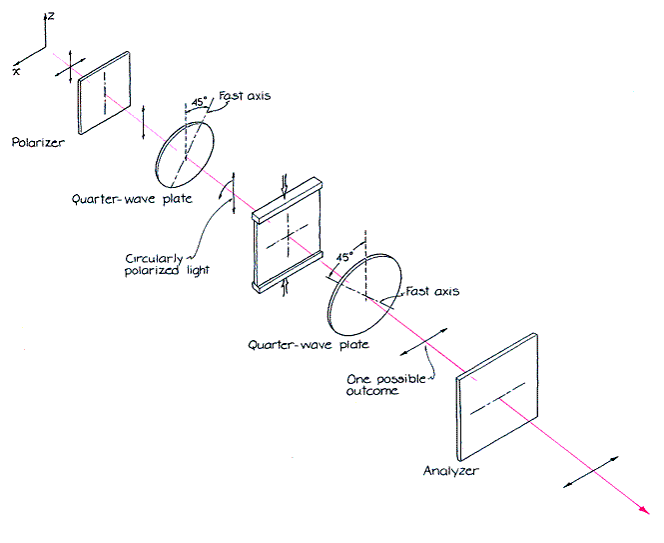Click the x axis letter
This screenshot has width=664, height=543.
click(17, 72)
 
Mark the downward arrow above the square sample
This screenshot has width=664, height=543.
click(287, 185)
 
